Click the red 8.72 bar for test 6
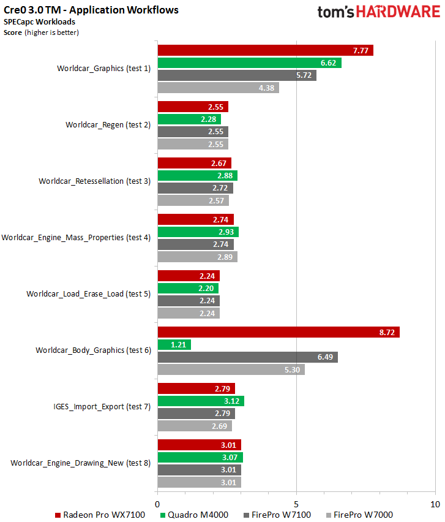tap(279, 332)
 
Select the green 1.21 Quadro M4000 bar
tap(174, 345)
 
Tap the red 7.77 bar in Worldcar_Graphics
tap(265, 50)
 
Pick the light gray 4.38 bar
tap(219, 88)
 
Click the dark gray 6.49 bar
tap(247, 357)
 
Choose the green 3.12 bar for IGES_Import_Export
tap(201, 401)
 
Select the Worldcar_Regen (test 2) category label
tap(108, 125)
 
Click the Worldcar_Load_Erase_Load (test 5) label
tap(88, 294)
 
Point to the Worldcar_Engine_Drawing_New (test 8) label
tap(80, 463)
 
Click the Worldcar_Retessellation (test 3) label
tap(94, 181)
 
